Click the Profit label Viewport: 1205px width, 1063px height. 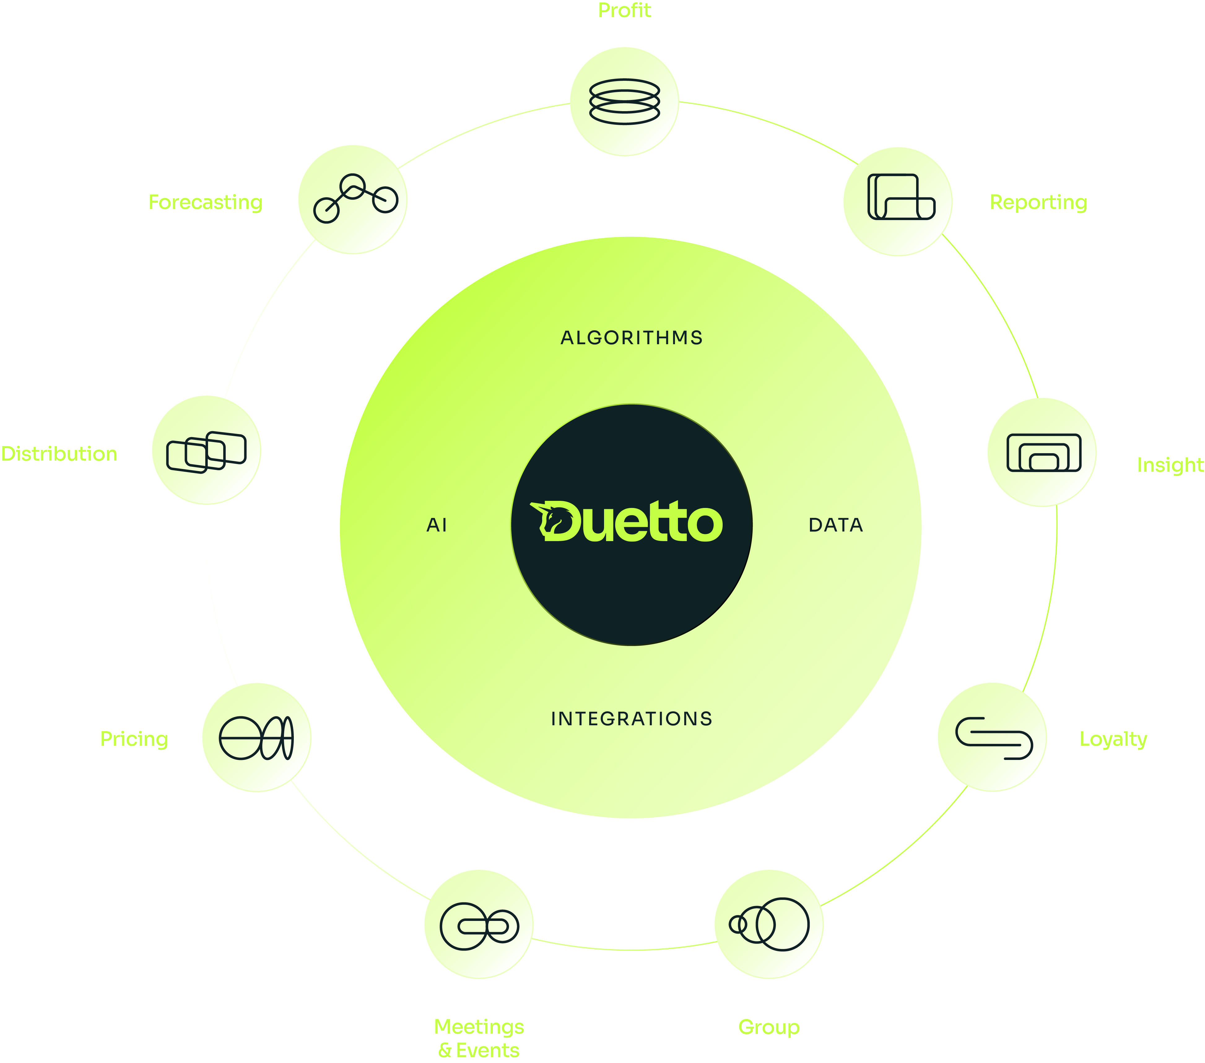pyautogui.click(x=624, y=11)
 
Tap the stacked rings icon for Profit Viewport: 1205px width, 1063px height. pyautogui.click(x=624, y=102)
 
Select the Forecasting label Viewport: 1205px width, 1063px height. pyautogui.click(x=205, y=202)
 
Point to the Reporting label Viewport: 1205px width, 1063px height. pyautogui.click(x=1038, y=202)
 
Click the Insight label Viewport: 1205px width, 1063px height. pyautogui.click(x=1170, y=465)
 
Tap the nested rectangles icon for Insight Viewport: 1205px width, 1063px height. pyautogui.click(x=1043, y=453)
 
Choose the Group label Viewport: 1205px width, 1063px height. pyautogui.click(x=769, y=1027)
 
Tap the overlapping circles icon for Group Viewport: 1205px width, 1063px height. pyautogui.click(x=769, y=924)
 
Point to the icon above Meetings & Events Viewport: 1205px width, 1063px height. pyautogui.click(x=479, y=926)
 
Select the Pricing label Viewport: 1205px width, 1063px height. pyautogui.click(x=134, y=739)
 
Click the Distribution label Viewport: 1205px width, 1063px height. pyautogui.click(x=59, y=454)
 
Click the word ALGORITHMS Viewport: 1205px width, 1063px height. pyautogui.click(x=631, y=338)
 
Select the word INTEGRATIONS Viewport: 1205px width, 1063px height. pyautogui.click(x=631, y=719)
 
